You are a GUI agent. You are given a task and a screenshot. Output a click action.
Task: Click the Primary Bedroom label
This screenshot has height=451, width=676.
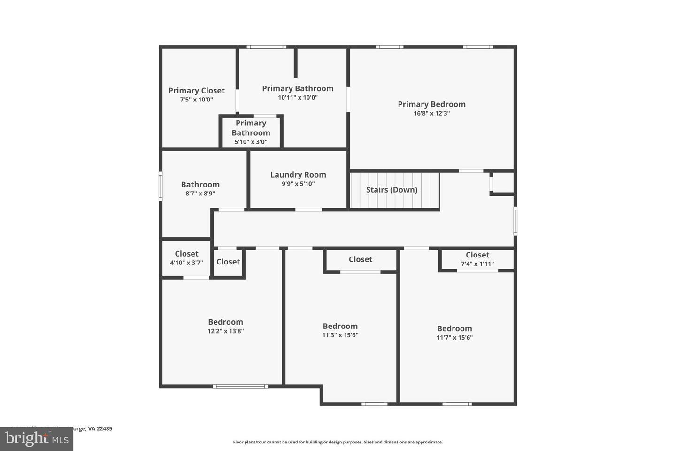pos(431,104)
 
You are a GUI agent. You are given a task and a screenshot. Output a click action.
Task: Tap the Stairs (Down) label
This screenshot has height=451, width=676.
pos(392,190)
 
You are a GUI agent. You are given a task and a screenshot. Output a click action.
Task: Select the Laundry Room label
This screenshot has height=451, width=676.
pos(298,175)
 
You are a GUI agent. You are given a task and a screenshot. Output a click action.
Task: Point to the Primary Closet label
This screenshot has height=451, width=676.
pos(196,91)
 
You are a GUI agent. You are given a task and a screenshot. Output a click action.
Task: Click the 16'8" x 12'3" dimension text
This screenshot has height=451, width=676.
pos(431,113)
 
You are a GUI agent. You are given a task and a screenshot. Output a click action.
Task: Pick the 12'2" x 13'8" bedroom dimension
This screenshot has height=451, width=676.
pos(225,331)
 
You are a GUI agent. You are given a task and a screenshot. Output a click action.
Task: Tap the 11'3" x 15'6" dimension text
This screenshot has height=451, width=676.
pos(340,335)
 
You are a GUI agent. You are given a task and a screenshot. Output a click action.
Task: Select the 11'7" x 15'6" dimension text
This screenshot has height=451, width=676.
pos(454,337)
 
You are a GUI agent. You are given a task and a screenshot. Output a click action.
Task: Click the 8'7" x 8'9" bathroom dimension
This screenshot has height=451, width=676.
pos(200,193)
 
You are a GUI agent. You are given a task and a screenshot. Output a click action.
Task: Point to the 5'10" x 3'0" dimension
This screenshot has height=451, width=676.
pos(251,141)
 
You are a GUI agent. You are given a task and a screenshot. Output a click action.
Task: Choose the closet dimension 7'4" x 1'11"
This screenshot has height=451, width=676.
pos(477,264)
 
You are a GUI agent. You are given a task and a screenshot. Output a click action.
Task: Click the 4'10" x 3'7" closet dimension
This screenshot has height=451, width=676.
pos(186,263)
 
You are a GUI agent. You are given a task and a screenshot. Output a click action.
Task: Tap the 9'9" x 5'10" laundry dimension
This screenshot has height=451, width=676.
pos(298,184)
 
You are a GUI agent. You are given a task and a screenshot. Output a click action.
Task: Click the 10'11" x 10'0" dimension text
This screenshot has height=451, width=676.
pos(298,97)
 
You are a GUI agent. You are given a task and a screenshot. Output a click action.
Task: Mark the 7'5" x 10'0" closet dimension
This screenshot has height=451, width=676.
pos(196,100)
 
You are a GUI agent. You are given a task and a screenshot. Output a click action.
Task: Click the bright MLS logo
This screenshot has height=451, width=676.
pos(36,439)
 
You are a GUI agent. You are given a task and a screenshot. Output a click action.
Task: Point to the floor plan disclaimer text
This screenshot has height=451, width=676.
pos(338,442)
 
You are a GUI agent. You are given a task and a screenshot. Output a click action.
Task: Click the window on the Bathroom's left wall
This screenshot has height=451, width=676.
pos(161,187)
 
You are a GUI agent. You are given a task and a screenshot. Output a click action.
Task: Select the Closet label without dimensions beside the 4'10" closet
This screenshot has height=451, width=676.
pos(228,262)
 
